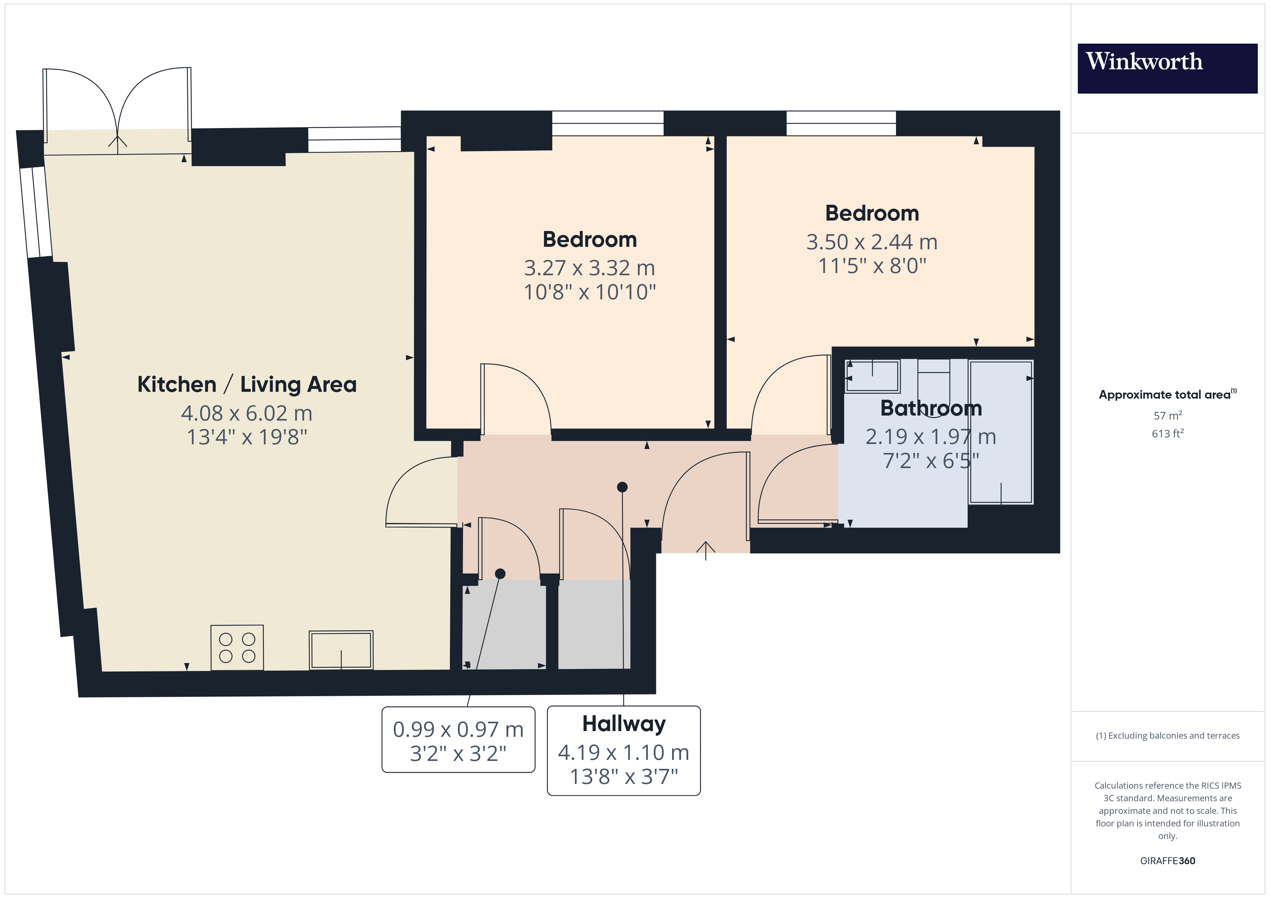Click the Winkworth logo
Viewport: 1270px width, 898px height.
(1167, 69)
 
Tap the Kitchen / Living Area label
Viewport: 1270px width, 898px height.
(247, 384)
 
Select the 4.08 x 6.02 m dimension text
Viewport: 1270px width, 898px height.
(247, 413)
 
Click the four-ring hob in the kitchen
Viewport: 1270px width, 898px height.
(237, 648)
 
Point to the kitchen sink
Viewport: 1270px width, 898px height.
(341, 650)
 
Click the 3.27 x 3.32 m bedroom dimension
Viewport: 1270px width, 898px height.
(590, 268)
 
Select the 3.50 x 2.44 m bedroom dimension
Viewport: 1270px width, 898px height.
(872, 242)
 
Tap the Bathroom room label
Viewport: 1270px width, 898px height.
(931, 408)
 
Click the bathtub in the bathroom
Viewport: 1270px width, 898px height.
(1001, 432)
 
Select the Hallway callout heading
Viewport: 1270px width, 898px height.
(624, 724)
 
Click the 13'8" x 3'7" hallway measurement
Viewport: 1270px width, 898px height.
(624, 777)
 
